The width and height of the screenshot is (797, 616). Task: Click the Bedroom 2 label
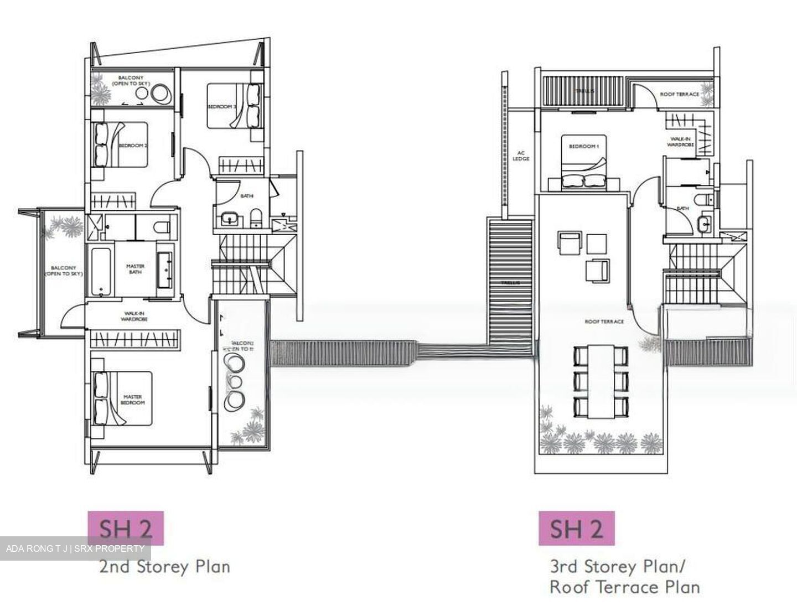click(133, 146)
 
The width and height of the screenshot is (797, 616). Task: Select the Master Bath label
click(135, 269)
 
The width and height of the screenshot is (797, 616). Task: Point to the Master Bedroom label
click(133, 400)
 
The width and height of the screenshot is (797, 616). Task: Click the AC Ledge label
click(521, 156)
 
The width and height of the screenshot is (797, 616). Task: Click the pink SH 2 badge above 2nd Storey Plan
click(126, 528)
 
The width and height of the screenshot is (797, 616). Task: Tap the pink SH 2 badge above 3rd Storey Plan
click(576, 529)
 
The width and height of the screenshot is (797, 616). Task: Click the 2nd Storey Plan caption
click(164, 567)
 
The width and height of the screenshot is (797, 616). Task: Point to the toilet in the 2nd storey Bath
click(255, 217)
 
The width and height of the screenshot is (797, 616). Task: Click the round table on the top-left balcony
click(161, 95)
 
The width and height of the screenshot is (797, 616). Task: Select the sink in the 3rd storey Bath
click(704, 225)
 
